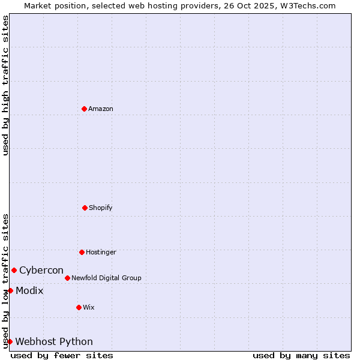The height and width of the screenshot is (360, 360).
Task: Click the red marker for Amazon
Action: (x=84, y=109)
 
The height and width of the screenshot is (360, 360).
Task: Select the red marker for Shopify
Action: (x=85, y=208)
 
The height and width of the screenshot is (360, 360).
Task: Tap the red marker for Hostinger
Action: (x=82, y=252)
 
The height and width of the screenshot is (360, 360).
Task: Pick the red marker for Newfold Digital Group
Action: (x=67, y=278)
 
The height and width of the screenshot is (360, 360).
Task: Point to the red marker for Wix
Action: (x=79, y=307)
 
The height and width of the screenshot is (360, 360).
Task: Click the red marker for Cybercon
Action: (x=14, y=270)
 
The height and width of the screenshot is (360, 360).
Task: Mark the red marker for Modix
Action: (x=10, y=290)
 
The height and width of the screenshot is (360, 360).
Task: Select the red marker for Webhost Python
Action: (x=10, y=341)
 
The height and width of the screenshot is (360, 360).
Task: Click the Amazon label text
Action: (x=101, y=109)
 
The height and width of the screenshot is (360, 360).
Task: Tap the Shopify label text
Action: (x=101, y=208)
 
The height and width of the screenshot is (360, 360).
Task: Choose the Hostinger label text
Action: (x=101, y=252)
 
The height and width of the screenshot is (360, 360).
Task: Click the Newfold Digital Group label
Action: (x=106, y=278)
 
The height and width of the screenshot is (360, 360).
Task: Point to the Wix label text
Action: (x=89, y=307)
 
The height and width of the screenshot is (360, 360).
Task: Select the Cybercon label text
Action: (x=41, y=270)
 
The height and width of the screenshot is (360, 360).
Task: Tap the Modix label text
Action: (x=29, y=290)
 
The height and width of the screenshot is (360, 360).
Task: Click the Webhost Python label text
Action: (x=54, y=341)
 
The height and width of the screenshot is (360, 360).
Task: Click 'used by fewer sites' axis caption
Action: (x=62, y=355)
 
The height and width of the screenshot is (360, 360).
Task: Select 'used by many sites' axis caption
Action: (x=301, y=355)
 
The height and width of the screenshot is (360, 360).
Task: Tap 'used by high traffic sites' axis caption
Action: (x=5, y=85)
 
